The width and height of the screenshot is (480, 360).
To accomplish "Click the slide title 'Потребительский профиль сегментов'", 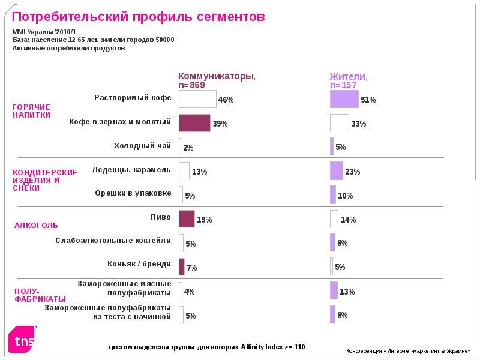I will pos(139,17).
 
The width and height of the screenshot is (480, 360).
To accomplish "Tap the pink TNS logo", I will pos(22,339).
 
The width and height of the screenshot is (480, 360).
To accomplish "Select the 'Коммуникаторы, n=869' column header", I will pos(217,80).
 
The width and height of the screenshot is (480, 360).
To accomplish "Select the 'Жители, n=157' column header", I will pos(349,80).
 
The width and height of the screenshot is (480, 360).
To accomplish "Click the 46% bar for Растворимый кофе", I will pos(197,99).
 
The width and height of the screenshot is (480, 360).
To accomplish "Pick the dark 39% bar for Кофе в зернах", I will pos(194,123).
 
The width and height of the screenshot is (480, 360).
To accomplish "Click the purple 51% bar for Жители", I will pos(344,99).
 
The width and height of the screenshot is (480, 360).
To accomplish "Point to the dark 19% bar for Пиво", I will pos(187,219).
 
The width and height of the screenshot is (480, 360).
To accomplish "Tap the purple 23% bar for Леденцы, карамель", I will pos(337,171).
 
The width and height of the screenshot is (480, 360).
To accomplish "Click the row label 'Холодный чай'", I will pos(142,145).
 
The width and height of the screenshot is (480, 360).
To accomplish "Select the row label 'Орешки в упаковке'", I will pos(133,193).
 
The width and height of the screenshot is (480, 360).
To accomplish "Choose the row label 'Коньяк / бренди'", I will pos(139,263).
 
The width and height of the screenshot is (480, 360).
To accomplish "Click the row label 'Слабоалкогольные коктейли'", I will pos(113,241).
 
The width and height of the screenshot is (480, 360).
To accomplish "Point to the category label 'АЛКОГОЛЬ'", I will pos(36,226).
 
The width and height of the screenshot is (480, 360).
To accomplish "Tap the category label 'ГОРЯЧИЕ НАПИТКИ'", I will pos(32,110).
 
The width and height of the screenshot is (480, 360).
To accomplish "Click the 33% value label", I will pos(359,124).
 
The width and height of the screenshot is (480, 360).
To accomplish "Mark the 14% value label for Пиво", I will pos(349,220).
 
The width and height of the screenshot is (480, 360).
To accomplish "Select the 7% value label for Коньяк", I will pos(192,268).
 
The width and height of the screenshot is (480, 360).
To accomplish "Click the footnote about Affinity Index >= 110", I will pos(207,347).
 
